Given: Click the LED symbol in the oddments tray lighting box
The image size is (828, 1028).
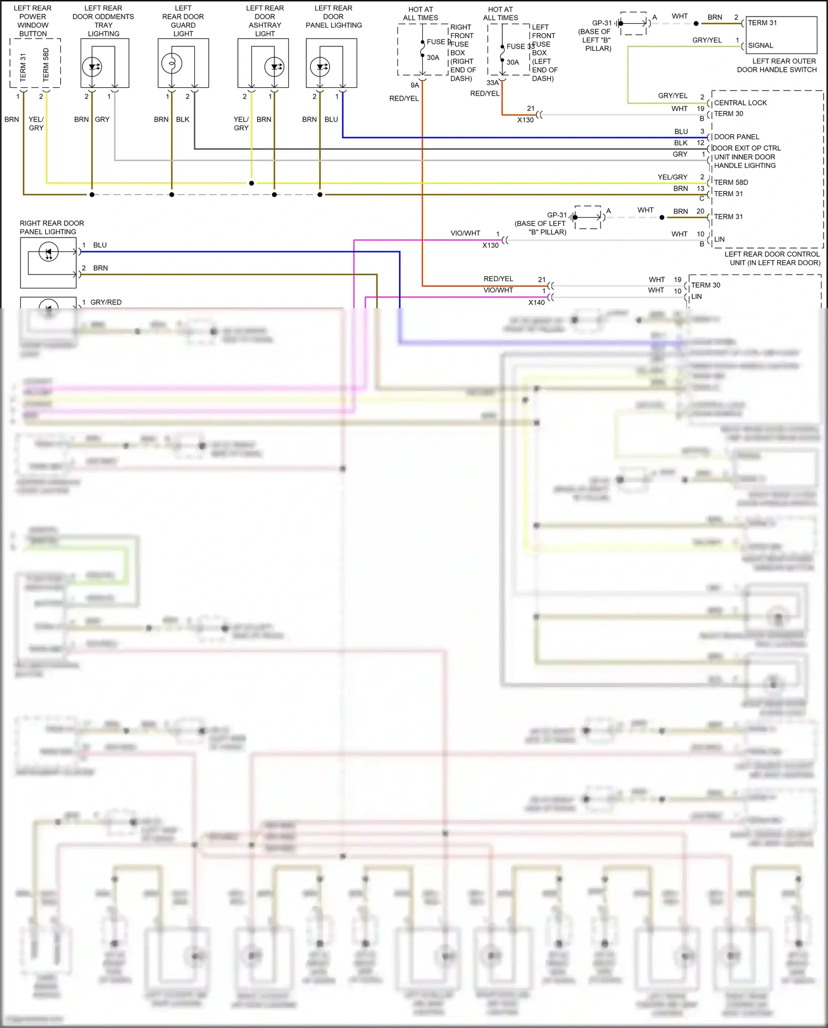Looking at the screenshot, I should pos(92,67).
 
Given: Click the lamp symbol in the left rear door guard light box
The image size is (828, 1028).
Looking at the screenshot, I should pos(172,64).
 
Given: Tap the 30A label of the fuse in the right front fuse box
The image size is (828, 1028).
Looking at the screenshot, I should pos(433,57).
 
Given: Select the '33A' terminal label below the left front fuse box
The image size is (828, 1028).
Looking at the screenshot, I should pos(492,83).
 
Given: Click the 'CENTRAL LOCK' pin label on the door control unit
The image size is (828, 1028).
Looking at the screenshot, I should pos(740,103).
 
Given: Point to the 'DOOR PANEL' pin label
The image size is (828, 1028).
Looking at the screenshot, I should pos(736,136).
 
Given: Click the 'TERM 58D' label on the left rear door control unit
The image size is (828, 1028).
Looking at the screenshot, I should pos(731,182).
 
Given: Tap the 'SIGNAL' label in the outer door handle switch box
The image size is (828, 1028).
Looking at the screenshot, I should pos(760,45).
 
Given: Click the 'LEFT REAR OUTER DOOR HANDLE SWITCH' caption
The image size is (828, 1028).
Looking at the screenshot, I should pos(777,65).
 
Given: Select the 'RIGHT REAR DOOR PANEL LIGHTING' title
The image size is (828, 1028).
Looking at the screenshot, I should pos(52,228).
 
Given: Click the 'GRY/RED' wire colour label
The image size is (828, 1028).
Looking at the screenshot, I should pos(106,302).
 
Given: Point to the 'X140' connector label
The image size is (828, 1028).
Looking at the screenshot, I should pos(536,302).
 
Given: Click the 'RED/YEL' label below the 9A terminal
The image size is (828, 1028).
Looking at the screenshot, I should pos(404,98).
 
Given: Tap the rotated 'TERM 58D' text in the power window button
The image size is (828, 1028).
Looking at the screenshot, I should pos(46,64).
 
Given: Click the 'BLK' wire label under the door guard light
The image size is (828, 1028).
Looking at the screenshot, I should pos(183,119).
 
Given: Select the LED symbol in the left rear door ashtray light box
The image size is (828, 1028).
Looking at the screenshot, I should pos(274,67).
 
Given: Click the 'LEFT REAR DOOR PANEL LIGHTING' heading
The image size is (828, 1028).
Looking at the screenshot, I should pos(333,17).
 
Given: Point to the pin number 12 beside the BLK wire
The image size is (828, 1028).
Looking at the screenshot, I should pos(700,143).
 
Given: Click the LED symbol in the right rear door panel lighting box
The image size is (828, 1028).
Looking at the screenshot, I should pos(49,252).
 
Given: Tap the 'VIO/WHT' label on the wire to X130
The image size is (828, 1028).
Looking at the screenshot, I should pos(465,233).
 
